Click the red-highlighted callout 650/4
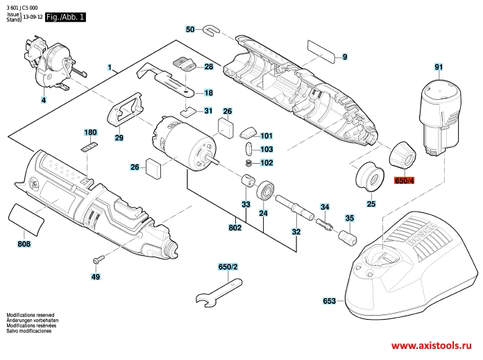[x=404, y=180]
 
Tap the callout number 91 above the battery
[x=439, y=67]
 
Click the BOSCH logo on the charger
[x=422, y=234]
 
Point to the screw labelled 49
[x=99, y=259]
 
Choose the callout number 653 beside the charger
[x=330, y=300]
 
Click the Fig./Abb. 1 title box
[x=65, y=17]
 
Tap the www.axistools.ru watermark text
[x=431, y=345]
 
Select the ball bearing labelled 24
[x=264, y=191]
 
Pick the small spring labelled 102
[x=248, y=163]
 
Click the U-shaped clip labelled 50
[x=211, y=30]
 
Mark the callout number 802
[x=235, y=228]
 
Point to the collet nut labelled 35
[x=348, y=236]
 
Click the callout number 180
[x=90, y=132]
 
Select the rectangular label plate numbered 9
[x=321, y=51]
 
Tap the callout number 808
[x=24, y=244]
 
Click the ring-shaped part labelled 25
[x=370, y=176]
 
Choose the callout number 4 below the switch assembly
[x=44, y=100]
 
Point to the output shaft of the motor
[x=214, y=158]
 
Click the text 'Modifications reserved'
[x=31, y=315]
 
